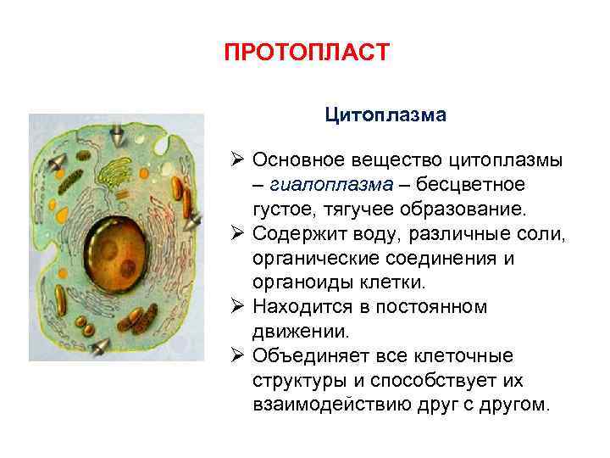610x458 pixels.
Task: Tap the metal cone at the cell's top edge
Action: (117, 132)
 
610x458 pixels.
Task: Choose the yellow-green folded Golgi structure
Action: (131, 173)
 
